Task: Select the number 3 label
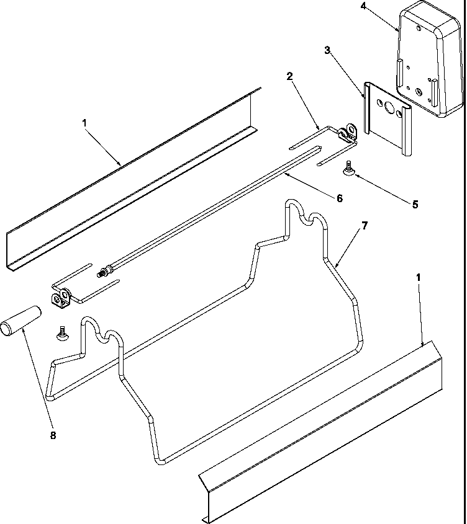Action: pos(327,50)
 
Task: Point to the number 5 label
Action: pos(415,203)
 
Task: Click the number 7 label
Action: pos(365,225)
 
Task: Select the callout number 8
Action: pos(52,435)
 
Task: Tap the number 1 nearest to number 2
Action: pos(85,123)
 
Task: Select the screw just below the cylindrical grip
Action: pos(63,334)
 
